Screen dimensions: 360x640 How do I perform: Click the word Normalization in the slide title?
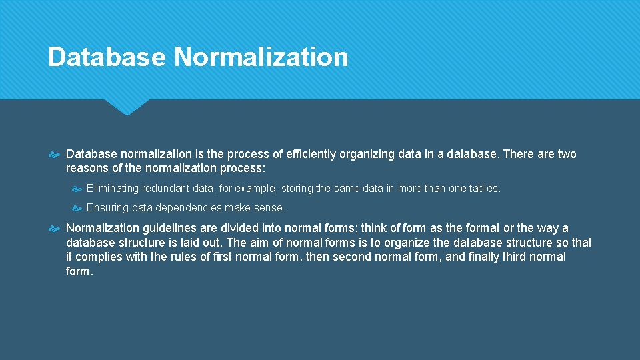261,57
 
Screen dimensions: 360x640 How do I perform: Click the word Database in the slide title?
107,57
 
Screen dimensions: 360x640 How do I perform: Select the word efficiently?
311,154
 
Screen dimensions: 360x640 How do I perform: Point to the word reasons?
87,168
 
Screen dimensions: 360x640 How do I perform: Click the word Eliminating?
113,189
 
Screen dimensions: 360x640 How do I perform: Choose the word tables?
485,189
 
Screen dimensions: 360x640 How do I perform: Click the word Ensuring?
107,208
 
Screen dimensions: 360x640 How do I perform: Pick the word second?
354,257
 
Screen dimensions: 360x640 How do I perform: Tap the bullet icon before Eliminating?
77,189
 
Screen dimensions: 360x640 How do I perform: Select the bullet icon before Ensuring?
77,208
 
